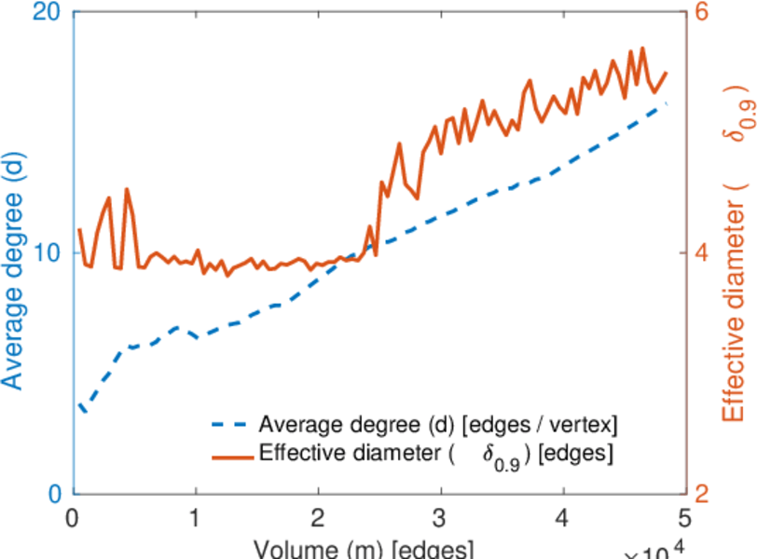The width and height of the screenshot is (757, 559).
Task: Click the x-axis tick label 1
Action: click(195, 517)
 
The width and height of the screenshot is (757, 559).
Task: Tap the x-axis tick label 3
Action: click(440, 517)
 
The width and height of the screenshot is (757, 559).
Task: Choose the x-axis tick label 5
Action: click(684, 517)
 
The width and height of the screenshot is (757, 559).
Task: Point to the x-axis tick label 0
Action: click(73, 517)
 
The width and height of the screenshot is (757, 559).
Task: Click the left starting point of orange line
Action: click(79, 230)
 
